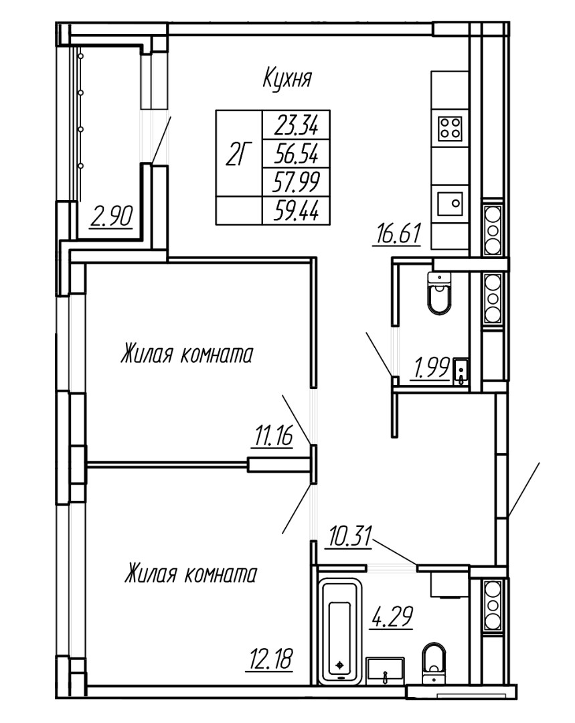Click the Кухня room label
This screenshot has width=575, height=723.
click(287, 80)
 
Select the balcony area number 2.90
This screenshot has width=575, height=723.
click(112, 217)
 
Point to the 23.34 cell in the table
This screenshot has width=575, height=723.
click(296, 125)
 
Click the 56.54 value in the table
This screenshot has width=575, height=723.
click(296, 155)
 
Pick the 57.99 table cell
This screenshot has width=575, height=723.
click(296, 181)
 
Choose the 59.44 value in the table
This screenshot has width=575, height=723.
click(296, 210)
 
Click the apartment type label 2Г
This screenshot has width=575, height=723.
click(238, 155)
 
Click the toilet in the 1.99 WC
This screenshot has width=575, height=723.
click(440, 297)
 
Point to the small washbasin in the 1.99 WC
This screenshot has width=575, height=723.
click(461, 371)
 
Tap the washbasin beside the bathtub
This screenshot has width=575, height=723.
click(385, 668)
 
